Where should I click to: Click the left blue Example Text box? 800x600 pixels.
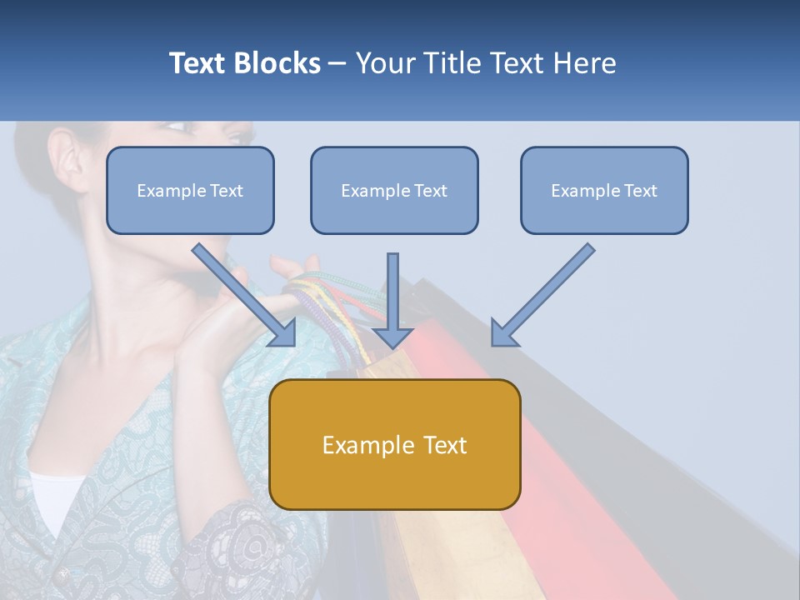tap(190, 191)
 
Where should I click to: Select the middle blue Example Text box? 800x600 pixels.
tap(394, 191)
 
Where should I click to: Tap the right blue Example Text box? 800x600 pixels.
tap(604, 191)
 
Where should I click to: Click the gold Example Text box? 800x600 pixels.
tap(395, 444)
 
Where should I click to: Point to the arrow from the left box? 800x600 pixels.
tap(242, 292)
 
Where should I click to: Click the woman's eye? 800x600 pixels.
tap(176, 127)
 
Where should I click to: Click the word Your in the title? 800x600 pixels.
tap(383, 63)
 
